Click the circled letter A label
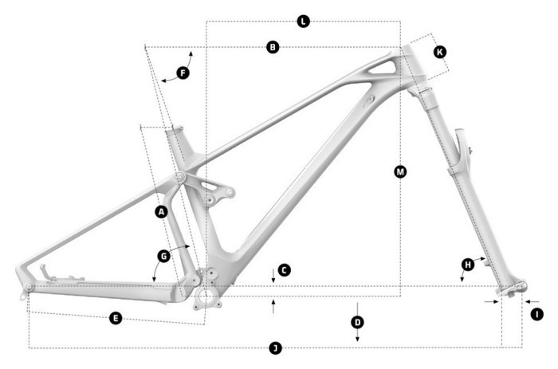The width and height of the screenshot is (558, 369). coord(161,212)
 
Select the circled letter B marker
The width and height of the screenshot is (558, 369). coord(273,48)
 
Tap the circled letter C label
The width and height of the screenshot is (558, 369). coord(285,270)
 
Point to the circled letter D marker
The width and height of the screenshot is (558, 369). coord(357,322)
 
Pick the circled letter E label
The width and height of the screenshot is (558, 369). coord(116,318)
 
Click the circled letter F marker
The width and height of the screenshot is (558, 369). coord(182,73)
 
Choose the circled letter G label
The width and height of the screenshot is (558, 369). coord(163,257)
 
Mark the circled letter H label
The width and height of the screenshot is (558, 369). coord(468,264)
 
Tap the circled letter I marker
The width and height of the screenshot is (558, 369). coord(536,314)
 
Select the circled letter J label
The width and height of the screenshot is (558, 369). coord(275,348)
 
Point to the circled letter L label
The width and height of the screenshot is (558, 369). coord(303,22)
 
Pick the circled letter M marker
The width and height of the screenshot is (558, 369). coord(400,171)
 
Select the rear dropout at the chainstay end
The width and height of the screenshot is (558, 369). coord(29,287)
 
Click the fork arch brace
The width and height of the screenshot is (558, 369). coord(461,151)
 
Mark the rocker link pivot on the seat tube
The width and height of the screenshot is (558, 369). coord(180,176)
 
